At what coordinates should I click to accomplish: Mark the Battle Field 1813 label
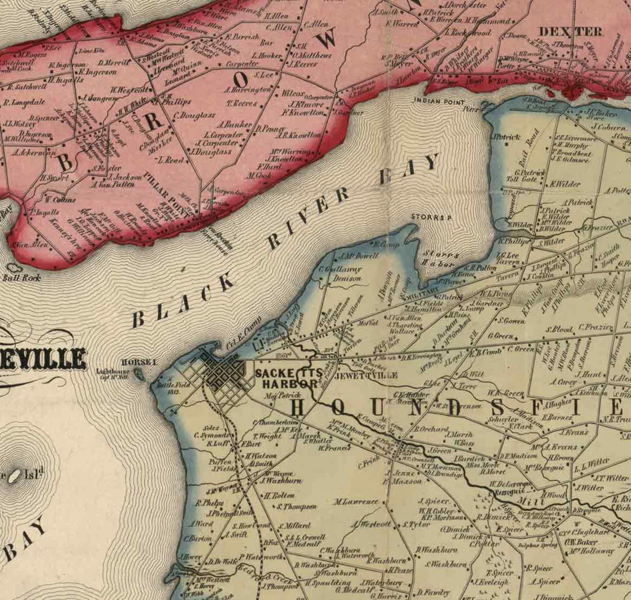pyautogui.click(x=169, y=388)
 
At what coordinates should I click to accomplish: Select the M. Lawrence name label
pyautogui.click(x=356, y=502)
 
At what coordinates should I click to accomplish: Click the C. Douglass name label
pyautogui.click(x=195, y=115)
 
